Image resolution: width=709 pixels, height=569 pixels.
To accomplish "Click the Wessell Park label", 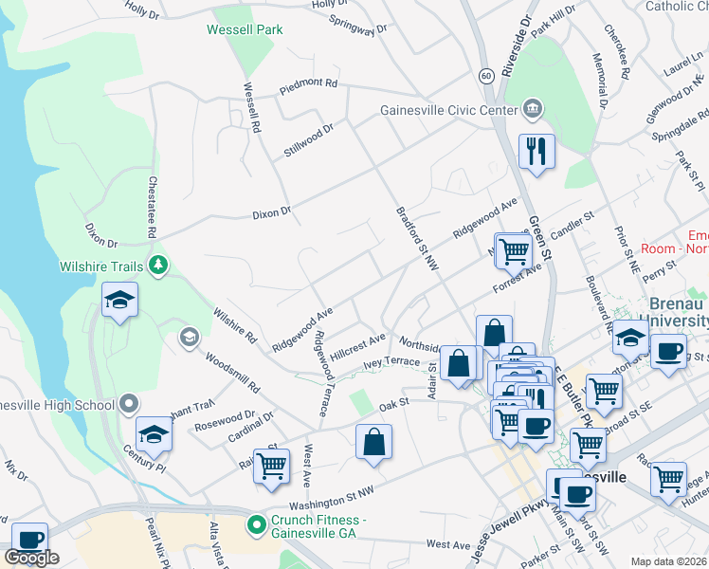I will [245, 30].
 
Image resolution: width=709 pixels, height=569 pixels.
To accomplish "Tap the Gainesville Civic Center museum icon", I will [532, 109].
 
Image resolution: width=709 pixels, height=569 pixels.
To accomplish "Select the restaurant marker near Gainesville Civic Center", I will [536, 151].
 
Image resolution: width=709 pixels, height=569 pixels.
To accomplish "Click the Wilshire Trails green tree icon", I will [160, 264].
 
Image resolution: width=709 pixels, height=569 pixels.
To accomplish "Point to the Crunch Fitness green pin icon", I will [255, 523].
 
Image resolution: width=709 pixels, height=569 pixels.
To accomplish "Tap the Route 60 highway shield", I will [485, 75].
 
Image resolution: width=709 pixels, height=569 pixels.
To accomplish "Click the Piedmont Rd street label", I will [308, 86].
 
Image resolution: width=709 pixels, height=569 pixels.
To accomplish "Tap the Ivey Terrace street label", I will [391, 361].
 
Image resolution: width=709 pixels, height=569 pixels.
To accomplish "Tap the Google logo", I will [31, 558].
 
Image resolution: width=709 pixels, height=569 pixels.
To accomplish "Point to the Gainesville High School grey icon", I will [128, 406].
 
